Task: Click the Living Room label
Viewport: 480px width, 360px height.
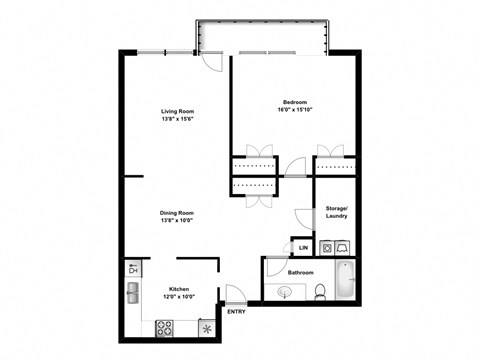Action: (177, 111)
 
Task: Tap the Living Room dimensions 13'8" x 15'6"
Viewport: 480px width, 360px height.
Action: (177, 119)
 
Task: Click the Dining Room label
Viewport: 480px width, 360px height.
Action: (177, 212)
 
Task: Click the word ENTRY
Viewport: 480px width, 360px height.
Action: (237, 312)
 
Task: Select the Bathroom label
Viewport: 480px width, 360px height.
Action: (302, 272)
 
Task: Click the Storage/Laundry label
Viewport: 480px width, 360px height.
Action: (336, 212)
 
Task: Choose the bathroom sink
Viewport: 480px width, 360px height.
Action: (288, 292)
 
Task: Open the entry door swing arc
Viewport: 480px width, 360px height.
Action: (235, 294)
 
